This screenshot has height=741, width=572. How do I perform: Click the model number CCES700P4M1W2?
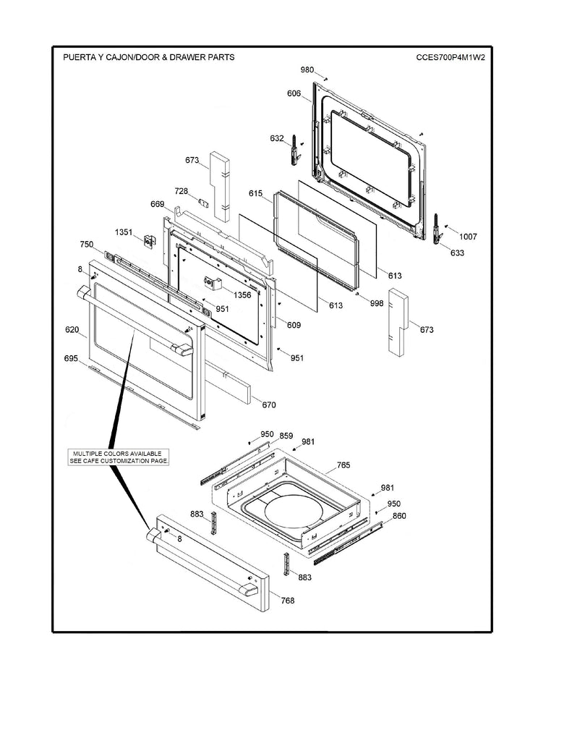tap(449, 57)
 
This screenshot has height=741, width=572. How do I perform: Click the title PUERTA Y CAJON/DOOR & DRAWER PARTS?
tap(148, 57)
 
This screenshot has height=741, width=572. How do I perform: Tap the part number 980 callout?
tap(307, 70)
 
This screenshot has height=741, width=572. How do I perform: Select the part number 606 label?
tap(293, 94)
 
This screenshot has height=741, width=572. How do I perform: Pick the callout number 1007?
tap(467, 237)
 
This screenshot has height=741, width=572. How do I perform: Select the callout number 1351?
tap(124, 232)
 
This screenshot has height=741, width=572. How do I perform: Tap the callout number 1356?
tap(242, 295)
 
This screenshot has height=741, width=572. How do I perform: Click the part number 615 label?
tap(255, 194)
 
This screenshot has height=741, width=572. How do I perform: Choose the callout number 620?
tap(72, 330)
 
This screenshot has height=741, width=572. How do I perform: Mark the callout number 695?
tap(70, 359)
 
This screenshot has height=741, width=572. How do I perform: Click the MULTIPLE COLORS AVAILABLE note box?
tap(119, 457)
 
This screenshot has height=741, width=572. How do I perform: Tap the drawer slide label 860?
tap(398, 517)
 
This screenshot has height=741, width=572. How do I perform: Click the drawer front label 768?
tap(288, 601)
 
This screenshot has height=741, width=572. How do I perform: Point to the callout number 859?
tap(286, 436)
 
